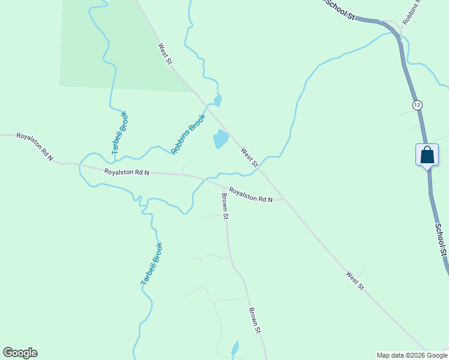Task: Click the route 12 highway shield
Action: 417,105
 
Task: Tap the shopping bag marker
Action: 427,155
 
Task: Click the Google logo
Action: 20,353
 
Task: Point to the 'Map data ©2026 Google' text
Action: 412,355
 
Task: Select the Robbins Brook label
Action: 188,135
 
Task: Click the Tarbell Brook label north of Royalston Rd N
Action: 120,133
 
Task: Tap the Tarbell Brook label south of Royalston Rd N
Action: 152,263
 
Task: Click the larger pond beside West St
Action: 220,139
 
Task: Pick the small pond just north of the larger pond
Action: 218,100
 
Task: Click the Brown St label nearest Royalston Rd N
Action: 225,206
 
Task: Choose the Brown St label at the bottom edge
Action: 255,320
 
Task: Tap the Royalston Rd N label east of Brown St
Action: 250,195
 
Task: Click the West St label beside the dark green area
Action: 165,53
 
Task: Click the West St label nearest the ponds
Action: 249,157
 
